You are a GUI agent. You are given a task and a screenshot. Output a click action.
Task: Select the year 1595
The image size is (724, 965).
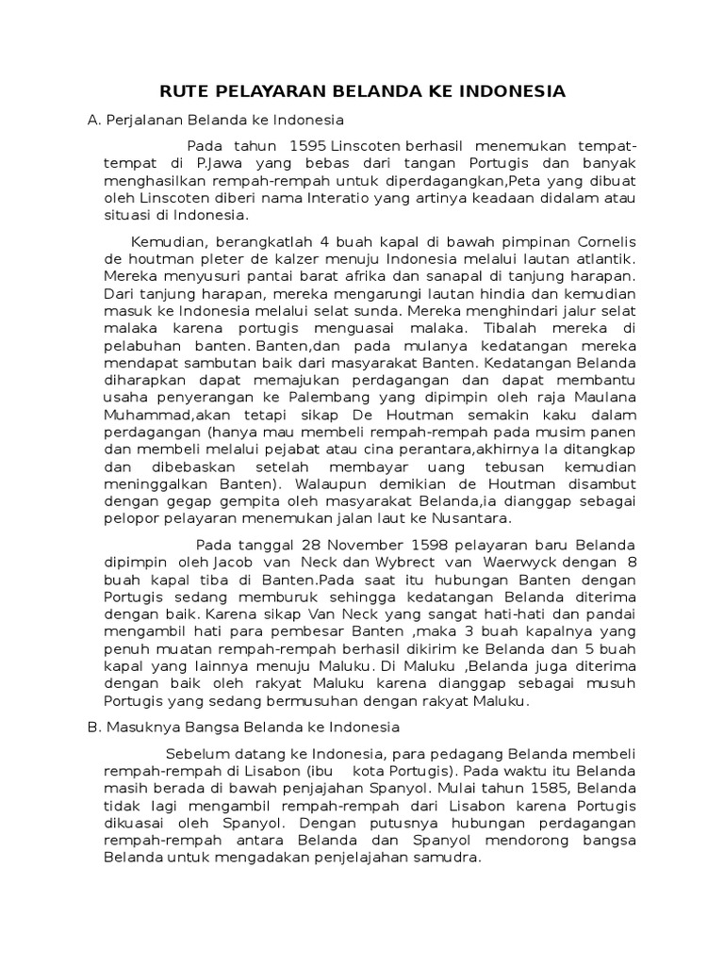click(310, 147)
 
